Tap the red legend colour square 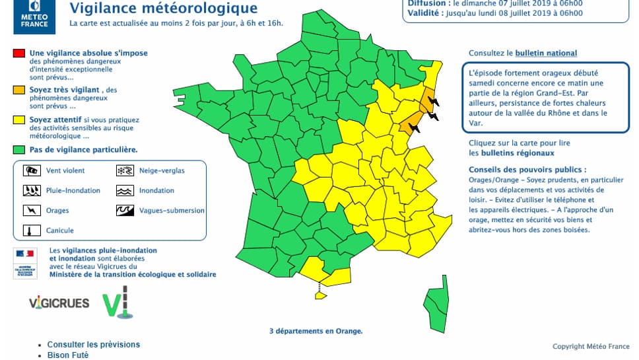(18, 54)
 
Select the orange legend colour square (18, 90)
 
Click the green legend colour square (18, 150)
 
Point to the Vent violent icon (30, 170)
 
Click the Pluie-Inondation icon (30, 190)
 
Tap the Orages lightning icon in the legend (30, 211)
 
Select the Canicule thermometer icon (30, 231)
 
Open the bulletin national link (546, 53)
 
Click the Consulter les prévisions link (94, 345)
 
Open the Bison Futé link (68, 355)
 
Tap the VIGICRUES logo (59, 303)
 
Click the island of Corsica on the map (435, 301)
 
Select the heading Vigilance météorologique (163, 9)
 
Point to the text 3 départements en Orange (316, 331)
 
